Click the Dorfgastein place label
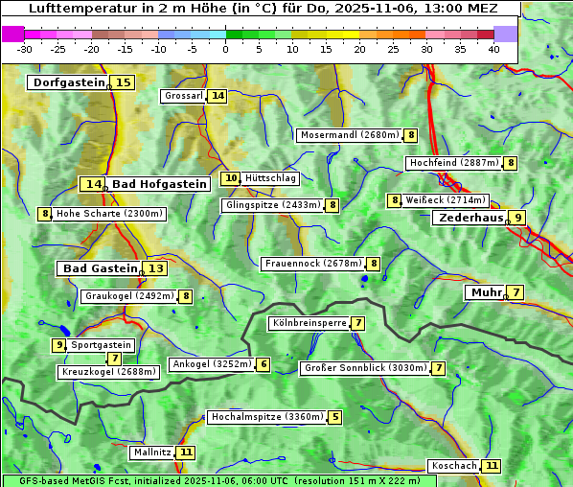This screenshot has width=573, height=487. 68,82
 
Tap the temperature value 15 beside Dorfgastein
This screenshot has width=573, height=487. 124,82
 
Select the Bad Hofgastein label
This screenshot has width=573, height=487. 158,184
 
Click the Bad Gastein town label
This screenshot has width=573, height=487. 100,268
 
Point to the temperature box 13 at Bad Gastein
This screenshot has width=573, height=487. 155,268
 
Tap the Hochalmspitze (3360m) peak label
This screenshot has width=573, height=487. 266,417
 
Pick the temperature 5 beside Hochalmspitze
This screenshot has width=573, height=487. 334,417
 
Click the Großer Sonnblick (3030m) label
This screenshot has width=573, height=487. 364,368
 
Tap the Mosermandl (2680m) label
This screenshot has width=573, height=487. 349,135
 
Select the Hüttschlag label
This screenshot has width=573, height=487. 270,178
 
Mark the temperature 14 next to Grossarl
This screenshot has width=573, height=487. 218,96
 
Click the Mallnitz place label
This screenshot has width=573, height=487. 152,452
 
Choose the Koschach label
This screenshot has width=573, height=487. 454,466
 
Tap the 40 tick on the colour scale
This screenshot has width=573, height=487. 493,49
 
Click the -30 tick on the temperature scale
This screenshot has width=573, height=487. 25,49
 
